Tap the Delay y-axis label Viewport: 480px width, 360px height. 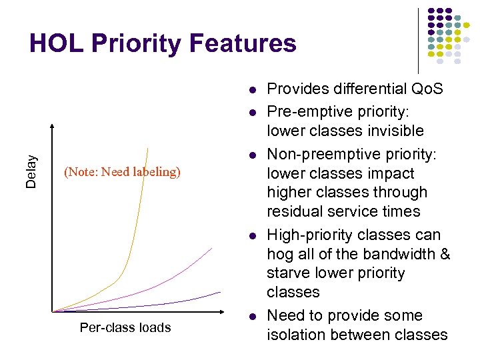coord(31,171)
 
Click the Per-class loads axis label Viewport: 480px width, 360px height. coord(125,327)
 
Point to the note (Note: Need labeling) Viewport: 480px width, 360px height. coord(122,172)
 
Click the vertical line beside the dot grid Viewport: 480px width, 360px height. coord(418,40)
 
